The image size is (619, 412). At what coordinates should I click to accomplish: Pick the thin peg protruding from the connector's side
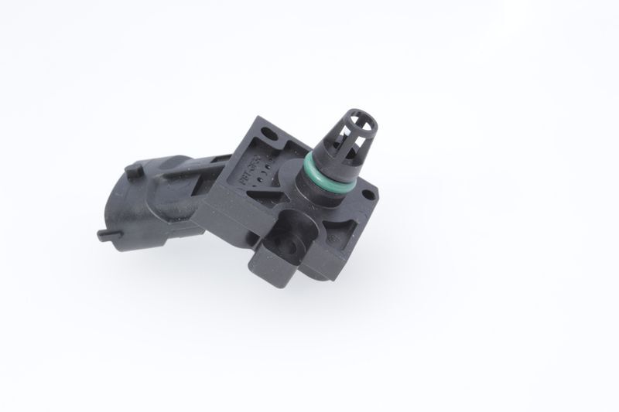coord(104,233)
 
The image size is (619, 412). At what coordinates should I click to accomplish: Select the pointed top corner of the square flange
coord(260,117)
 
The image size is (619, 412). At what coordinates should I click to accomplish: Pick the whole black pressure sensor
coord(248,201)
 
